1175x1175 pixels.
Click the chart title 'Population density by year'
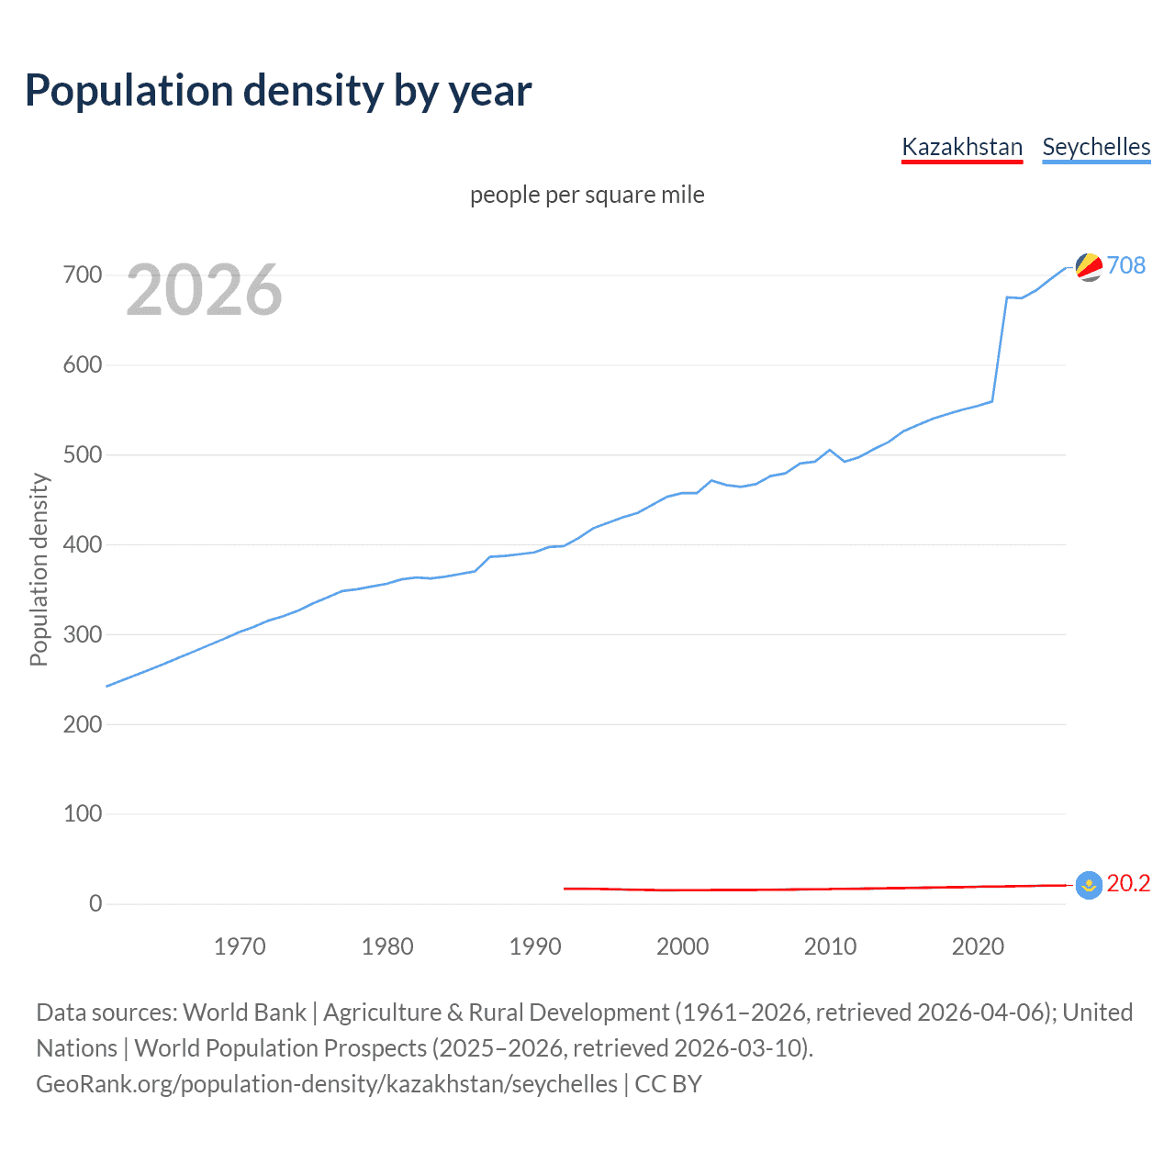tap(278, 91)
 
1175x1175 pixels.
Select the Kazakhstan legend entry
tap(961, 147)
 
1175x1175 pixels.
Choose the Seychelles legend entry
tap(1095, 147)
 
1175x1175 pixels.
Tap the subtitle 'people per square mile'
tap(587, 195)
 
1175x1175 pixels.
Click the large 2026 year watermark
tap(204, 290)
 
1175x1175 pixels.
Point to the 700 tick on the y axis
tap(83, 275)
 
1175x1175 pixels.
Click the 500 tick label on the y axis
tap(83, 455)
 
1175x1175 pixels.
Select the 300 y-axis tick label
tap(83, 634)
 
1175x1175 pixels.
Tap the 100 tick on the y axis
tap(83, 814)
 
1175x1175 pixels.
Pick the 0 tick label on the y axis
tap(95, 904)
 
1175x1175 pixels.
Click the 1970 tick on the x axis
tap(240, 946)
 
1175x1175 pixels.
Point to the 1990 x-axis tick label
tap(534, 946)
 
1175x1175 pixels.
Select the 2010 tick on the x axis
tap(830, 946)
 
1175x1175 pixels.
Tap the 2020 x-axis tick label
tap(978, 946)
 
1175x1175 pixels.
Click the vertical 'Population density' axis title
tap(39, 569)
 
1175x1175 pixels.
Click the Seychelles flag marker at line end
tap(1089, 267)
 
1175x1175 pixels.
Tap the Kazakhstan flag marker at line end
tap(1089, 885)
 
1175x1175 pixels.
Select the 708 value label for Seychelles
tap(1126, 265)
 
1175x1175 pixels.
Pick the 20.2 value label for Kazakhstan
tap(1128, 883)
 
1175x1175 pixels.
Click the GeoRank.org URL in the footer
tap(327, 1084)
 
